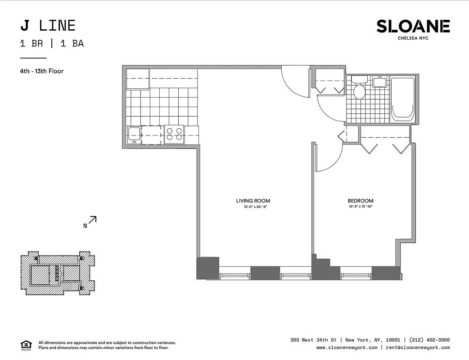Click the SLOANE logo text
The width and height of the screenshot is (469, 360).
413,26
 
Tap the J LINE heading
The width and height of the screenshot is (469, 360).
48,26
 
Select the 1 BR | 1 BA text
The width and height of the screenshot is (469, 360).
52,44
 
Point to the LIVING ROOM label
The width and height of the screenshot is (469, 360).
253,201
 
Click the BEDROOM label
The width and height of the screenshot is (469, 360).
360,201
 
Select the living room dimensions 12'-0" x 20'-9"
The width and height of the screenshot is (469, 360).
253,207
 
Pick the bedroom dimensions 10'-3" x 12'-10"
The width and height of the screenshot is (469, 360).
360,207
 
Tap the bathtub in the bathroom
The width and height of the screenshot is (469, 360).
402,99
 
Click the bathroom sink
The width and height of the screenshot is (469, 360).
379,82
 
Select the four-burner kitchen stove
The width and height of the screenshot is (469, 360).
174,135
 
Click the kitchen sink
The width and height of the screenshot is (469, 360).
134,135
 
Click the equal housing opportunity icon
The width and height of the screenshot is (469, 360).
26,345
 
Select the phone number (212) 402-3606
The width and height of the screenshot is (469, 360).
429,340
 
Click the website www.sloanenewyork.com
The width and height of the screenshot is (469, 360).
347,347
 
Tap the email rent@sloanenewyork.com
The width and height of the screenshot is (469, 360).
417,347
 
